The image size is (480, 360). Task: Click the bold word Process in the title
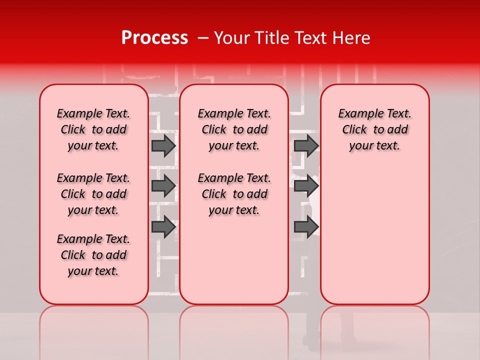[154, 38]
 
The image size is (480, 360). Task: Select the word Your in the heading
[229, 38]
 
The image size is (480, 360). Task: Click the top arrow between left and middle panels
[163, 145]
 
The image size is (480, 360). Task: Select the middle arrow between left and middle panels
[163, 186]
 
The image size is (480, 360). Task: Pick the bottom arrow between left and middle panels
[163, 227]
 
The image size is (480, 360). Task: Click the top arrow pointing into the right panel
[306, 145]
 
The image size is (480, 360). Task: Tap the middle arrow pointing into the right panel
[306, 186]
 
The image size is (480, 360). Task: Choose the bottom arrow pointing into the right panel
[306, 227]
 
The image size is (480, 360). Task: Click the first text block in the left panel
[93, 129]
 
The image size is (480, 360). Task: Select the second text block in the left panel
[93, 194]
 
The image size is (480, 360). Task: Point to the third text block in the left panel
[93, 255]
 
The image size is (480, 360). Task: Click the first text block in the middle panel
[234, 129]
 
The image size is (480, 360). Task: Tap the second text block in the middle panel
[234, 194]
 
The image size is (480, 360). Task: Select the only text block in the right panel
[375, 129]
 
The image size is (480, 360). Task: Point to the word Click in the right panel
[354, 130]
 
